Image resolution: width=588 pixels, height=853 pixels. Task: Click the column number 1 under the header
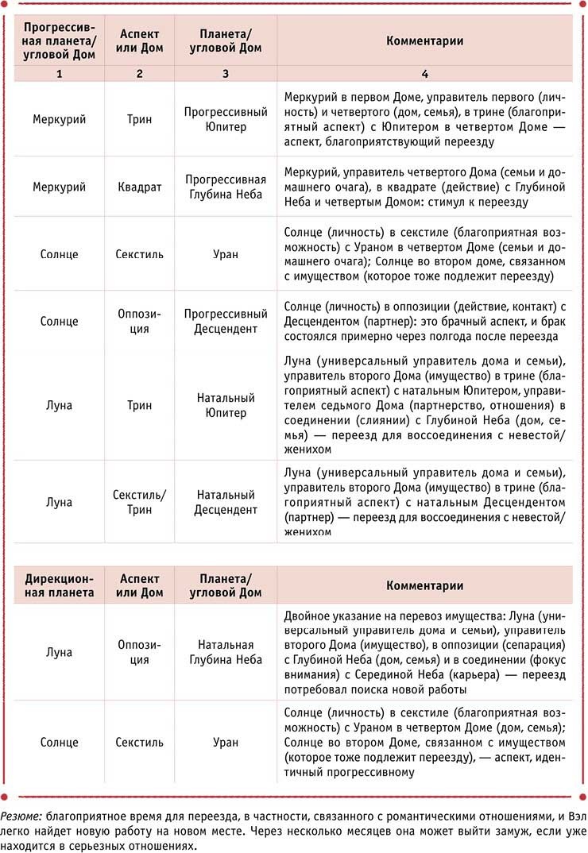(x=59, y=74)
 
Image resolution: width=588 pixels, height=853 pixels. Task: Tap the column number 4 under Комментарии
(x=424, y=74)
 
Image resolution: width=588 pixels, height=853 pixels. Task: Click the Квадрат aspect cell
(x=139, y=187)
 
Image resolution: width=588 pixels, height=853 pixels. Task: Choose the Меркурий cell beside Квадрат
(x=59, y=187)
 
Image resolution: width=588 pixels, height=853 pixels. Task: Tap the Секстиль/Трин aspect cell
(x=139, y=502)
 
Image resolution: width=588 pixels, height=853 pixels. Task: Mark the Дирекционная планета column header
(x=59, y=585)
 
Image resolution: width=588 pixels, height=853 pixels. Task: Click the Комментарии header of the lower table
(x=424, y=585)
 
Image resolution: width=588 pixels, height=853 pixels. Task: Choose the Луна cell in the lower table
(x=59, y=652)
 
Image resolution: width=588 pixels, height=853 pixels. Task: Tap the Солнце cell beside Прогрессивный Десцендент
(x=59, y=322)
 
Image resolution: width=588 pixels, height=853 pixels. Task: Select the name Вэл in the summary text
(x=570, y=816)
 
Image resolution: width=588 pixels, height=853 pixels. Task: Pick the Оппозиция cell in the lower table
(x=139, y=652)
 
